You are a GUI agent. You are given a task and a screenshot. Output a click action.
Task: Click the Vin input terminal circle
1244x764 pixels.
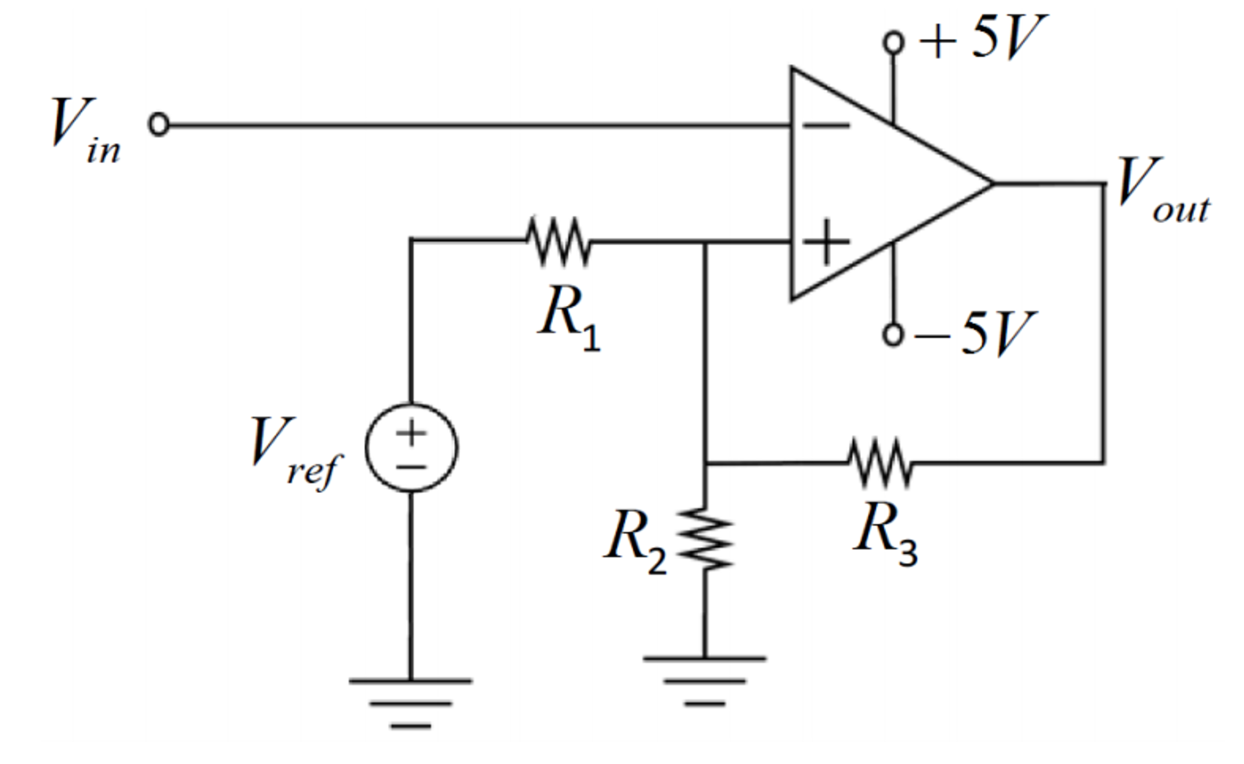coord(159,124)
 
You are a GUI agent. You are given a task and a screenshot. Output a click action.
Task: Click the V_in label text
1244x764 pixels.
coord(84,130)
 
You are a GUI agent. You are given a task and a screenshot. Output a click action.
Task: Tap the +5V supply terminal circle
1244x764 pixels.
coord(893,43)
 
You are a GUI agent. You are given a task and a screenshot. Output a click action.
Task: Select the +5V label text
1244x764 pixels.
coord(983,38)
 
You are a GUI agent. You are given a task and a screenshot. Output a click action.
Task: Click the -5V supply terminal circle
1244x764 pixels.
coord(893,334)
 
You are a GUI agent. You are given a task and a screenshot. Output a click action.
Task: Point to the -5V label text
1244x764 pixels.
coord(973,334)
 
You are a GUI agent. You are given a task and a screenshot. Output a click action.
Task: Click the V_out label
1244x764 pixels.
coord(1161,190)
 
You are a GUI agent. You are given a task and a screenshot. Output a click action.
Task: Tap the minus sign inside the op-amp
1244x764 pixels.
coord(826,126)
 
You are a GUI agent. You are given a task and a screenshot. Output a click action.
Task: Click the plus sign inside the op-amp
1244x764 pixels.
coord(826,242)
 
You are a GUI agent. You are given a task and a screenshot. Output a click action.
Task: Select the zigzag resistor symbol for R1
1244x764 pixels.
coord(558,241)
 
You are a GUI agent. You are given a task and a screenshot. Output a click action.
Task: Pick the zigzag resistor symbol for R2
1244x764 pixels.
coord(705,539)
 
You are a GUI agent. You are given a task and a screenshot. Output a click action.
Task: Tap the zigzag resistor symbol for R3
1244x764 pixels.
coord(880,463)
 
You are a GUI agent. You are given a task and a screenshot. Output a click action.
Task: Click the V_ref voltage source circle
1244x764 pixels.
coord(411,448)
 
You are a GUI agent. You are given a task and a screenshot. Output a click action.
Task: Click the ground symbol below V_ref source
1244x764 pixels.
coord(410,703)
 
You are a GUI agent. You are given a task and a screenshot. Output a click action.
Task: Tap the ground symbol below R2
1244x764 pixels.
coord(704,680)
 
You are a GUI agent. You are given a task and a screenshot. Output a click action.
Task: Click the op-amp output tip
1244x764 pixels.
coord(992,183)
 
